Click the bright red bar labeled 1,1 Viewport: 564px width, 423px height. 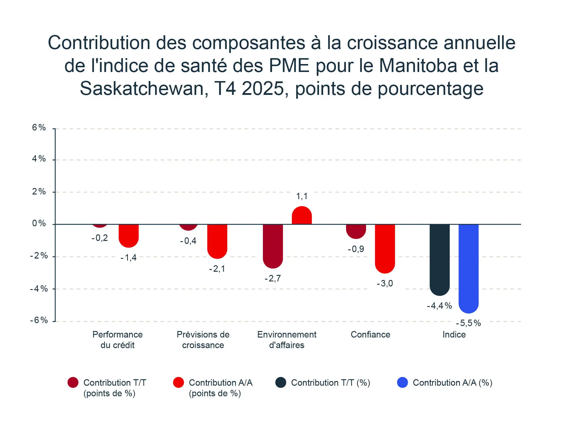point(302,216)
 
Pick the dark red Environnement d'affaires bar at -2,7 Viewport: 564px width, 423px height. point(273,246)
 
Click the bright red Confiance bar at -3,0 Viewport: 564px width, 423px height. point(385,248)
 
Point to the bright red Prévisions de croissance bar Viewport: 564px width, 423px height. point(217,241)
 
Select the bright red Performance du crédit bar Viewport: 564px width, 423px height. point(129,235)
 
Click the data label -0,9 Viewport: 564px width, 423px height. point(356,249)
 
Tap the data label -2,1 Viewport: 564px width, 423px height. point(217,269)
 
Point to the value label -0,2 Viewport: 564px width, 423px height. point(100,238)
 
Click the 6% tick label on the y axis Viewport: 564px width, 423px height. point(39,127)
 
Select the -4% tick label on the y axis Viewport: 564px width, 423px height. point(39,289)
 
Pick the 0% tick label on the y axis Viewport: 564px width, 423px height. point(39,224)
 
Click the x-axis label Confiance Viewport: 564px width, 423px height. point(370,335)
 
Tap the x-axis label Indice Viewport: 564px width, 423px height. point(454,335)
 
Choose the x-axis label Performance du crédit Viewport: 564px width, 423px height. point(117,340)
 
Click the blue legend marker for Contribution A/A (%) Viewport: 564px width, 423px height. point(402,382)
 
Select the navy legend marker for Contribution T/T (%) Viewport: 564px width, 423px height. point(281,382)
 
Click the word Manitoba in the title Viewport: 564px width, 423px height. point(418,65)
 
